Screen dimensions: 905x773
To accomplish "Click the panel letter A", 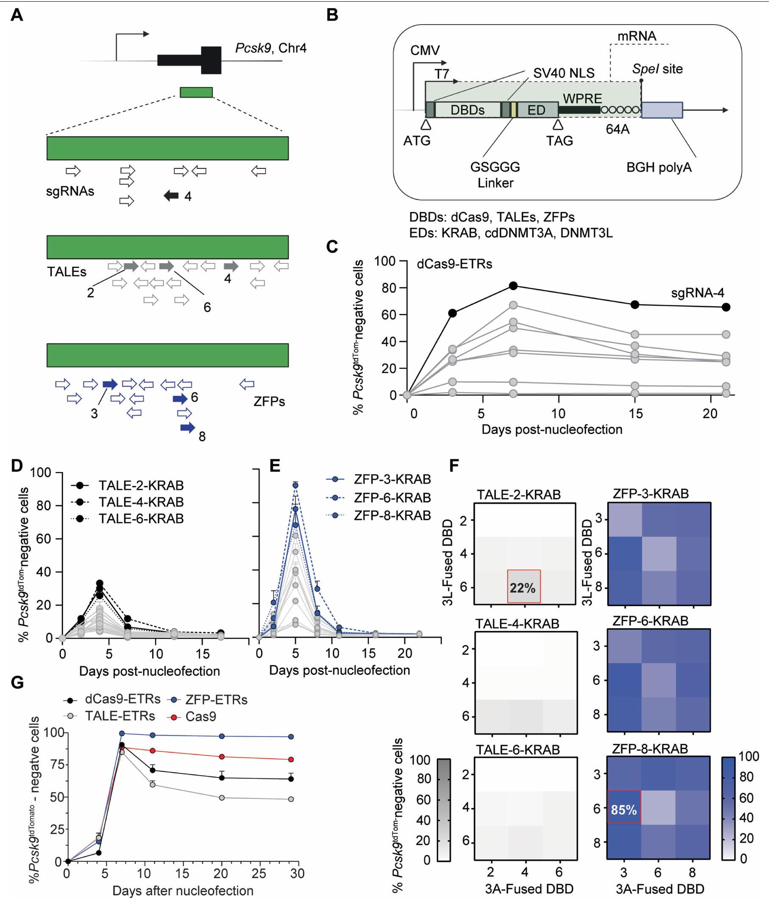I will [x=17, y=16].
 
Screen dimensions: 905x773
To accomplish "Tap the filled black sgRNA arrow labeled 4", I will [x=171, y=196].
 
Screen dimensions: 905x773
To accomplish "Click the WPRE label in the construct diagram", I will [x=582, y=99].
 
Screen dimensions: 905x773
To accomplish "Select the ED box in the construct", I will [x=537, y=110].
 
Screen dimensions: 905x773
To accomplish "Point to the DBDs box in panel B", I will [x=468, y=110].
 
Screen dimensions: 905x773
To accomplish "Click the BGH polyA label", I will [x=659, y=168].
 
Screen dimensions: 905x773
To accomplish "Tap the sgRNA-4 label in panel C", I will [x=698, y=293].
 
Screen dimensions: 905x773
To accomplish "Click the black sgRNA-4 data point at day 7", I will [x=513, y=286].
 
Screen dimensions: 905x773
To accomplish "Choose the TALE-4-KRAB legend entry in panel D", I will [x=141, y=502].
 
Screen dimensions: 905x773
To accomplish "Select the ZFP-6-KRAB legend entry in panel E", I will [x=392, y=497].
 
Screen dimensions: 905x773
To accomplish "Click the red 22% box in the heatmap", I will [x=524, y=586].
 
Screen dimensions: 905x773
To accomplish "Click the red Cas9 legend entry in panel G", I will [x=201, y=716].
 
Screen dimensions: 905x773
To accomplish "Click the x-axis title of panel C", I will [x=552, y=429].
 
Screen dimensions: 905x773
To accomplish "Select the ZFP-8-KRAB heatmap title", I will [x=650, y=749].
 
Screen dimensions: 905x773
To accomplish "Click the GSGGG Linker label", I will [x=495, y=175].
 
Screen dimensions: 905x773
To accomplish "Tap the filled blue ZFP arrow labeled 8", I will [x=188, y=427].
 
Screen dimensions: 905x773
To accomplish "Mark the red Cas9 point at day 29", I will [x=291, y=760].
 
